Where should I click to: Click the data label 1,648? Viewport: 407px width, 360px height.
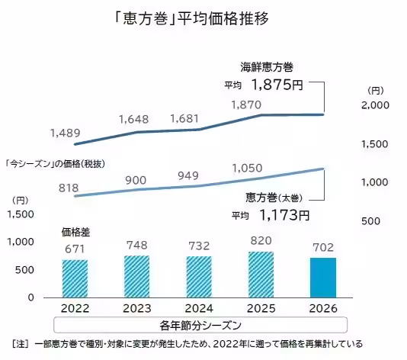tap(133, 118)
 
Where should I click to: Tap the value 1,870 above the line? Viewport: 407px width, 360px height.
tap(245, 104)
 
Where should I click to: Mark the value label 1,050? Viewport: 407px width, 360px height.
tap(246, 168)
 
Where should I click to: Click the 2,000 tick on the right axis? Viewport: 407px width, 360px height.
tap(373, 105)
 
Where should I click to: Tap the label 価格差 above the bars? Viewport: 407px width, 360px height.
tap(72, 230)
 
